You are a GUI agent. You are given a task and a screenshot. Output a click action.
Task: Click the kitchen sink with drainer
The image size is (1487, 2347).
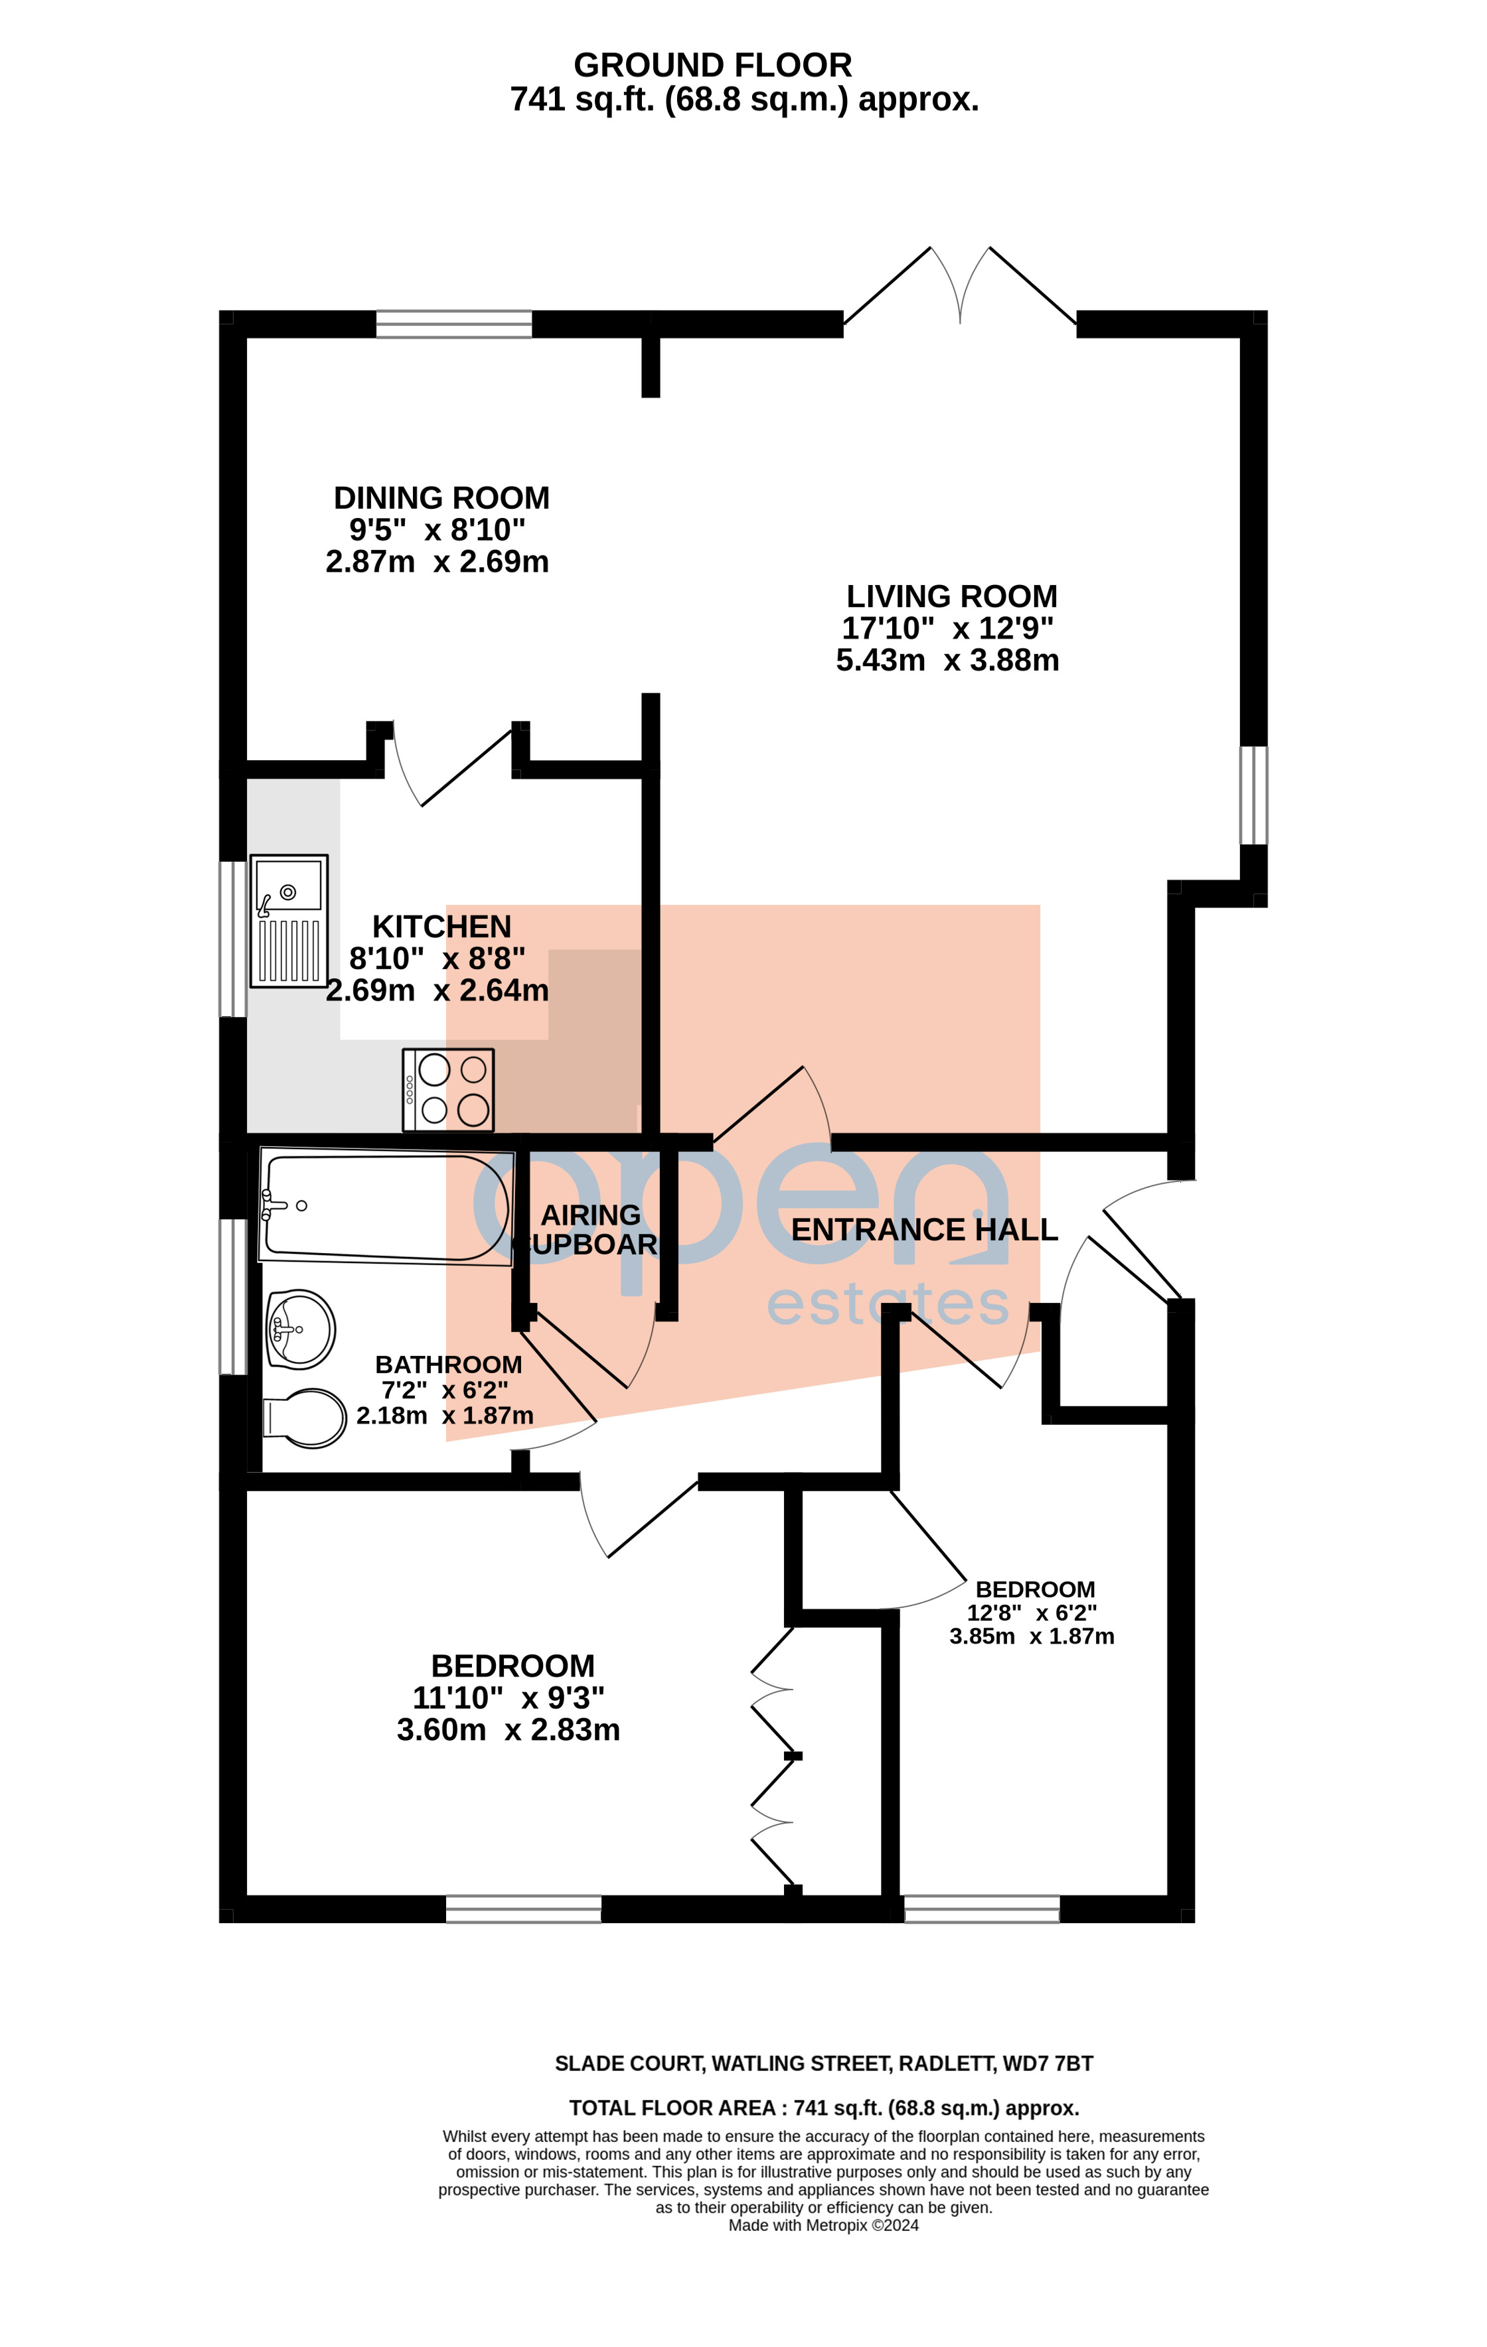[289, 921]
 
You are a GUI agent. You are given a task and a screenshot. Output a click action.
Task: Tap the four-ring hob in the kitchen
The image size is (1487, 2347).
[449, 1090]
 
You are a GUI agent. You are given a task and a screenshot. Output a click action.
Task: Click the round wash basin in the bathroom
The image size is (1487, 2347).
[301, 1329]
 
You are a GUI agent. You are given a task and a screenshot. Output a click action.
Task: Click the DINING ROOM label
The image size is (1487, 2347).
[441, 498]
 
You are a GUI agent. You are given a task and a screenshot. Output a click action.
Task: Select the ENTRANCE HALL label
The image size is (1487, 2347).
[923, 1230]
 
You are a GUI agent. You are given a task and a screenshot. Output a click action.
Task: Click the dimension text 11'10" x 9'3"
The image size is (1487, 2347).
[508, 1698]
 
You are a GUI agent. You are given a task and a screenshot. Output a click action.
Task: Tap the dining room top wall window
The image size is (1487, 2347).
[454, 324]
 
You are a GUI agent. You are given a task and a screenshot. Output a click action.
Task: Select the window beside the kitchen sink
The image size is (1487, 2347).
[233, 939]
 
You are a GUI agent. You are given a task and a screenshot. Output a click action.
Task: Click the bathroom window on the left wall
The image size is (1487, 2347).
[233, 1296]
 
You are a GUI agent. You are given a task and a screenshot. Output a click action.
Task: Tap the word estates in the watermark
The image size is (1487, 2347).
[888, 1304]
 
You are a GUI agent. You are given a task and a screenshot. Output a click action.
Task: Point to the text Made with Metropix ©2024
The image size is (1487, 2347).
[823, 2225]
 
